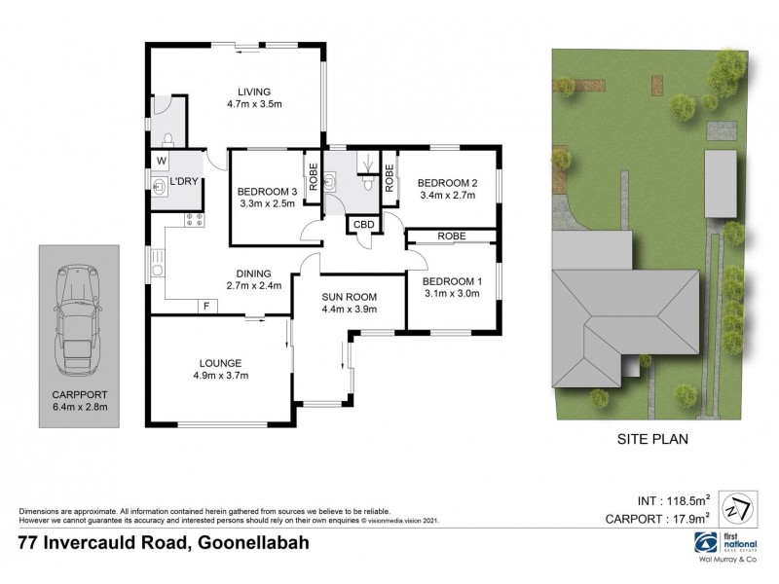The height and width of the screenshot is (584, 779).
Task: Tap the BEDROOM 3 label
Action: pos(267,190)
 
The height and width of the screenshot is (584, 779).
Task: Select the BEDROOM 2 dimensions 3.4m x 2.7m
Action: pos(447,195)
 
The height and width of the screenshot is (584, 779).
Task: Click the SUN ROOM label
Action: pos(349,297)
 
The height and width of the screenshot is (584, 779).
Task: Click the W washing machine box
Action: pos(161,161)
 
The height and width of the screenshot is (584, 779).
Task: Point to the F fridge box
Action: pos(206,307)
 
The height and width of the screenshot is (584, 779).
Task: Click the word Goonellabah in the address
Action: pos(251,542)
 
